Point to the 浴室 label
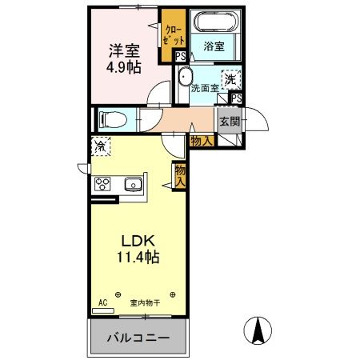[213, 46]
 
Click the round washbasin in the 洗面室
[186, 78]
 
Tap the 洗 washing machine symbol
[230, 79]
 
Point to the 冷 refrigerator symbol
[101, 147]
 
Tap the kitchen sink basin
[132, 186]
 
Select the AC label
[102, 302]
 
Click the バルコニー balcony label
[139, 338]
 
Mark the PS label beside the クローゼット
[181, 56]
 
